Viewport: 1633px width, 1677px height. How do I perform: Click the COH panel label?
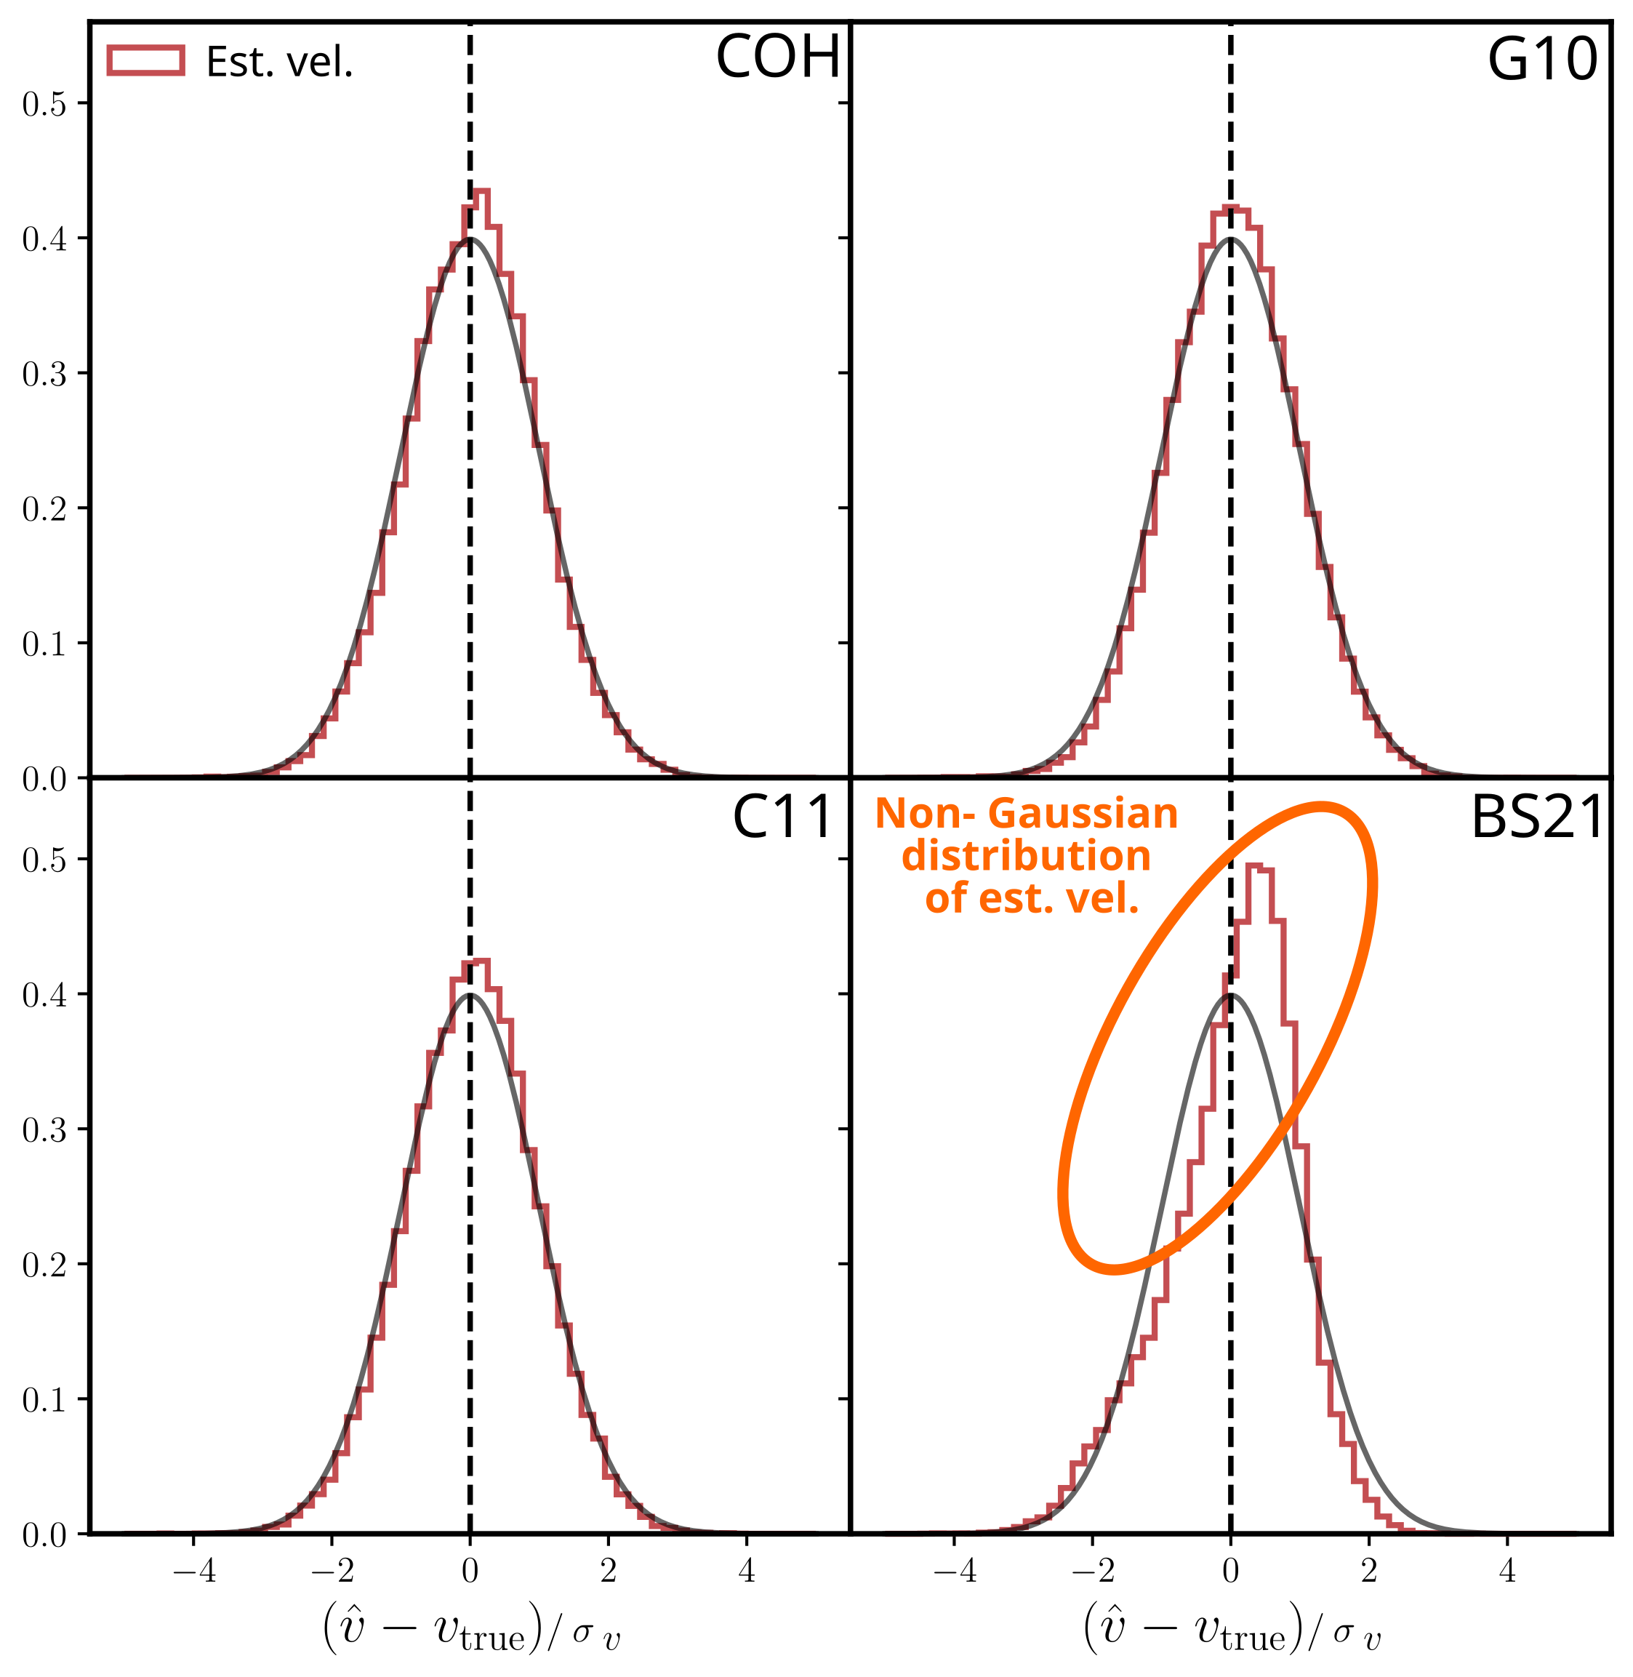777,58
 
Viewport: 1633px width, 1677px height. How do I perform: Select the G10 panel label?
1541,60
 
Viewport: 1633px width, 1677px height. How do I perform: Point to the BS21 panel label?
1537,817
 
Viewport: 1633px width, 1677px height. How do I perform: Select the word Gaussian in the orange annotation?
1083,813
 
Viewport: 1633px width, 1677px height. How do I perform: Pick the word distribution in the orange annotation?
1026,855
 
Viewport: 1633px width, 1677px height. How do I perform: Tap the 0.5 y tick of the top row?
44,104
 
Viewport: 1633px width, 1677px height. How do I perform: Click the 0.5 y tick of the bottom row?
44,860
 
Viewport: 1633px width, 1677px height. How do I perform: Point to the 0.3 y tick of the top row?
44,374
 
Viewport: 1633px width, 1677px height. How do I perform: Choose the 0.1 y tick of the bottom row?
44,1400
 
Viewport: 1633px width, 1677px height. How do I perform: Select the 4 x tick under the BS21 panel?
1508,1571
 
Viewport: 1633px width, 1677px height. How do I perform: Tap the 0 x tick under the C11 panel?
470,1571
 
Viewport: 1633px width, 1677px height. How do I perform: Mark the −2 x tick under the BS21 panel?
1092,1571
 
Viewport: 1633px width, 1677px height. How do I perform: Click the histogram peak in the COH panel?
481,191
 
